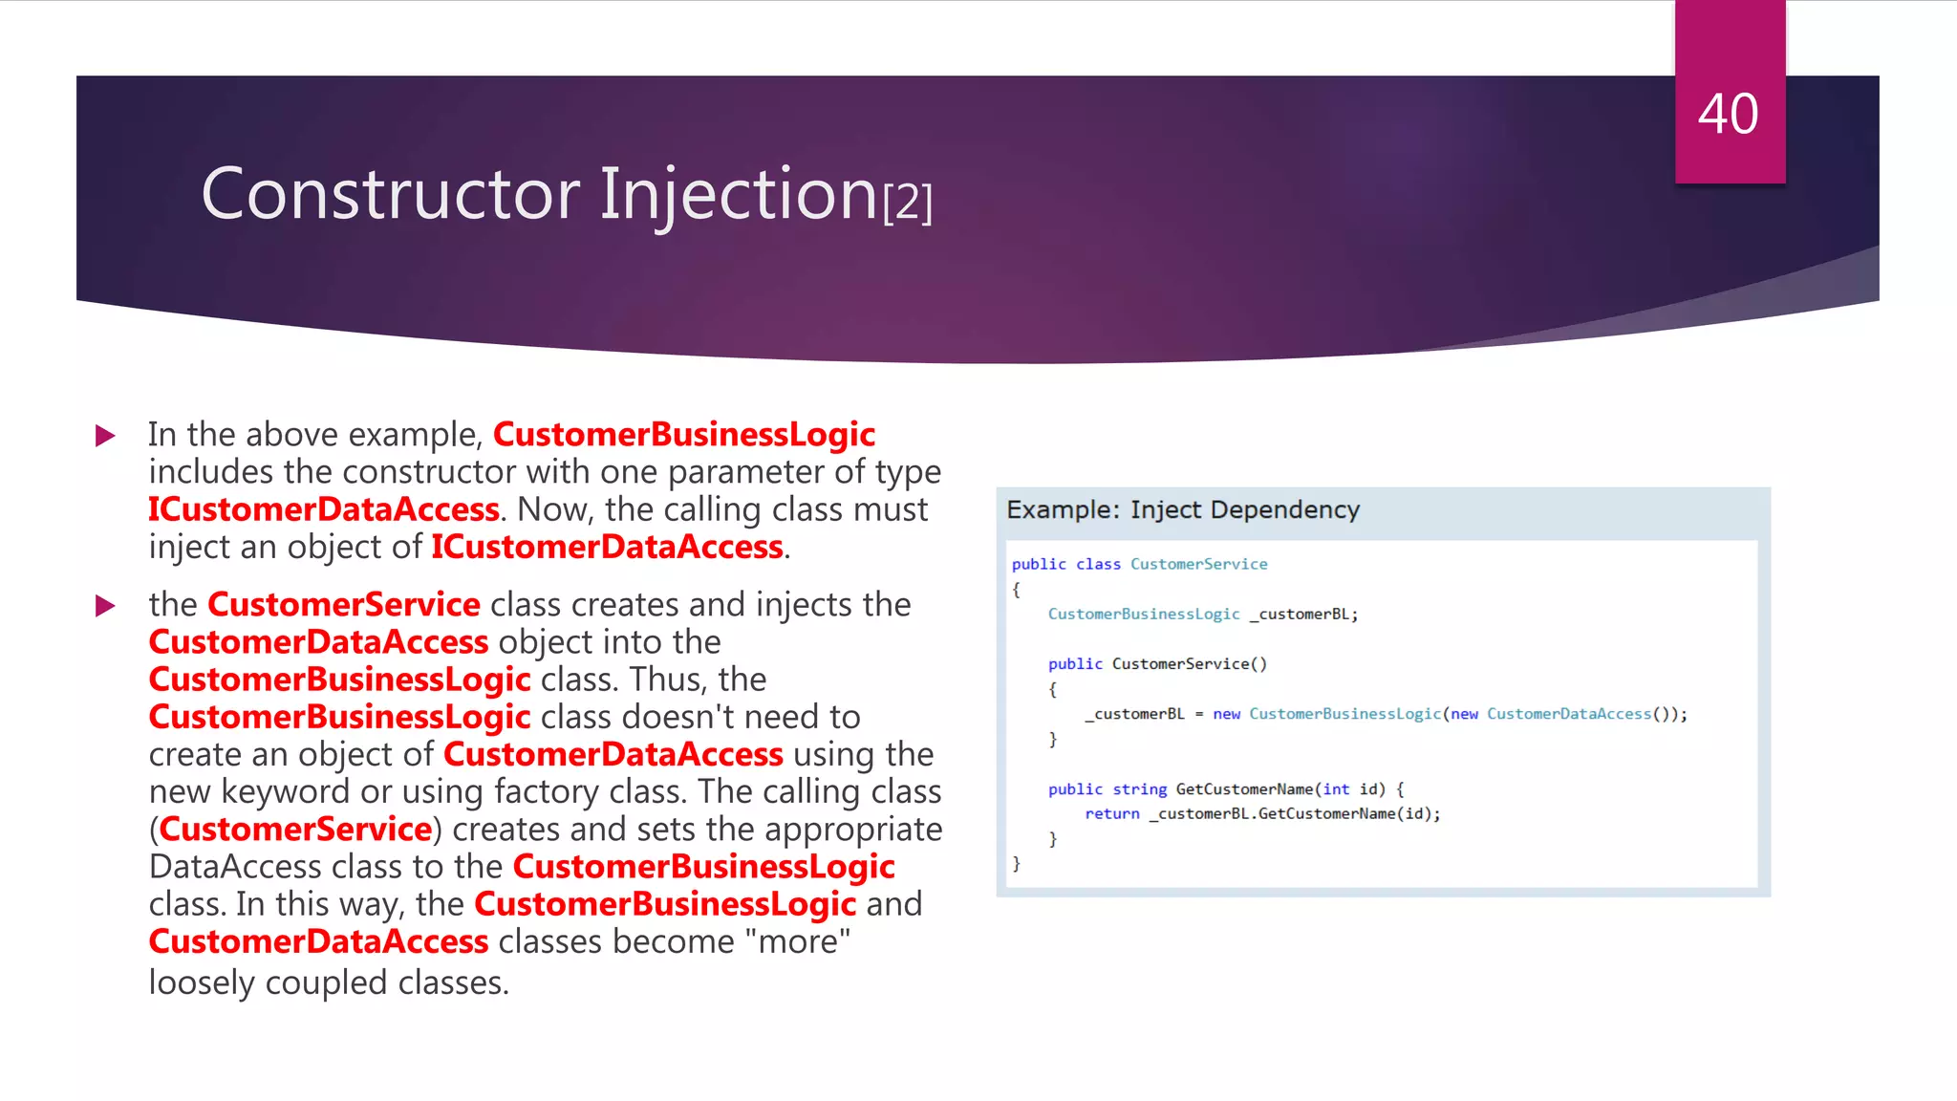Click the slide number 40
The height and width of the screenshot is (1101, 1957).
point(1728,115)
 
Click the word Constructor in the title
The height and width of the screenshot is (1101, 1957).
point(390,195)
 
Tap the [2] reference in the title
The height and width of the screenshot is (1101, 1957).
point(908,203)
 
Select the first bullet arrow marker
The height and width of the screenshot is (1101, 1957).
point(106,437)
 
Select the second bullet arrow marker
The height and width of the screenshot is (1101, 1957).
point(106,606)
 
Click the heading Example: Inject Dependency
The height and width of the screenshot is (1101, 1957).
point(1182,509)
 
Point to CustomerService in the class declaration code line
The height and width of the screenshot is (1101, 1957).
point(1198,564)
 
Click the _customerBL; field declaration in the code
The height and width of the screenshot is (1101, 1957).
point(1303,614)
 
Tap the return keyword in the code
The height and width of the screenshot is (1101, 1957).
point(1111,813)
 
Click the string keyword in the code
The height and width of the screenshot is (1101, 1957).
point(1139,788)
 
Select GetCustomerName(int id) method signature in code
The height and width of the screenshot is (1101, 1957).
point(1280,788)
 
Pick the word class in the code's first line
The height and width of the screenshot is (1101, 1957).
point(1098,564)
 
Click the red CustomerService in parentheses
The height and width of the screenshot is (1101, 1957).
point(294,829)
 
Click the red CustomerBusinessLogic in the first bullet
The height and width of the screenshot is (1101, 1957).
point(683,435)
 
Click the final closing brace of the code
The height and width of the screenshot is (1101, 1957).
point(1016,863)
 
